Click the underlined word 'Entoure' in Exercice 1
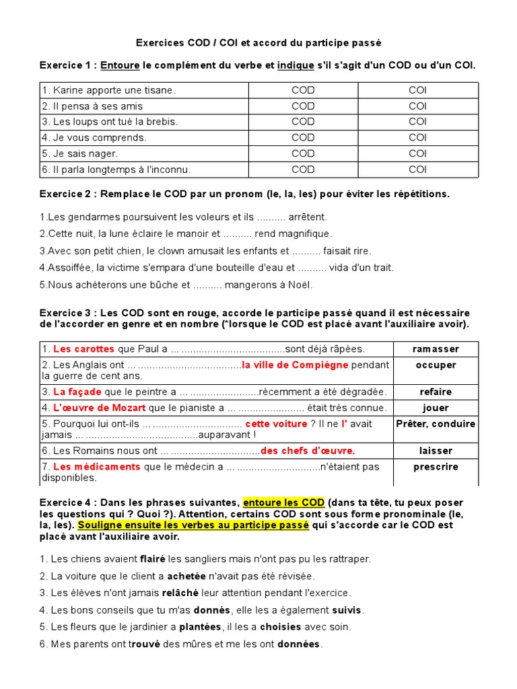[x=120, y=65]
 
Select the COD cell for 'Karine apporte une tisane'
[x=303, y=90]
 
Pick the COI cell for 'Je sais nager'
[x=417, y=153]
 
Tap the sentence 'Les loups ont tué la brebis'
[x=110, y=122]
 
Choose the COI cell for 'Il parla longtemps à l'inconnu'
[x=417, y=170]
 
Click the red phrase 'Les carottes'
[x=83, y=349]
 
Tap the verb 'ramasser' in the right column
[x=436, y=349]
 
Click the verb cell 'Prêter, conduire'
[x=436, y=424]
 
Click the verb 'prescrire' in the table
[x=436, y=467]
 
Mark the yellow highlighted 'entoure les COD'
[x=283, y=503]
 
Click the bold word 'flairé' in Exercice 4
[x=152, y=559]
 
